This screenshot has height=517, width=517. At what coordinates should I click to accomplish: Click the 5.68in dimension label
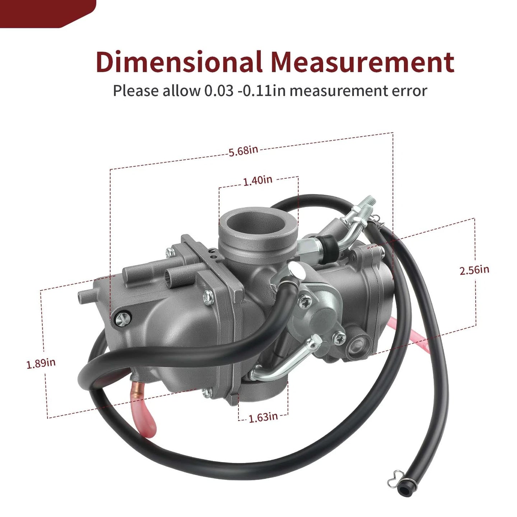pos(243,151)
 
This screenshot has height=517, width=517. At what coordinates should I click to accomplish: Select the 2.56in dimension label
pos(474,270)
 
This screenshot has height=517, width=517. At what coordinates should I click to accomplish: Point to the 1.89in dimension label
pos(41,364)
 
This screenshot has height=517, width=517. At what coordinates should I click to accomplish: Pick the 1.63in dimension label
pos(263,418)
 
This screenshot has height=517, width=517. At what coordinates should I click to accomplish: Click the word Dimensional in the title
pos(179,62)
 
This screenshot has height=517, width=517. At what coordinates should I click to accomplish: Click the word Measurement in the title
pos(363,62)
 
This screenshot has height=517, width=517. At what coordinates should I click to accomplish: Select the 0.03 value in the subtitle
pos(219,91)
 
